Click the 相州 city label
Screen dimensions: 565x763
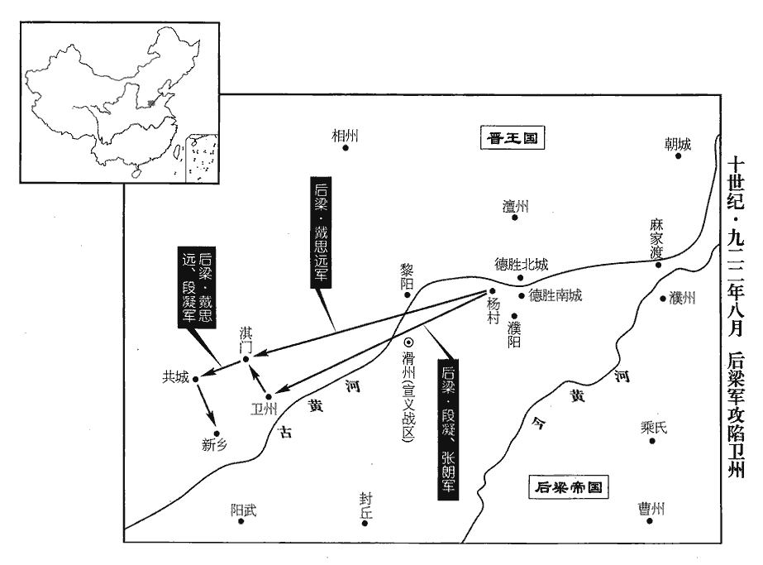(x=346, y=135)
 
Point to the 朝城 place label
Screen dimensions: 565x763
(x=677, y=143)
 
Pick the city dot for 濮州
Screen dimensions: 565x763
(x=663, y=298)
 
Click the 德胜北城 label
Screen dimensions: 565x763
(x=521, y=265)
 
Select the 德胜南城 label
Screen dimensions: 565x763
(x=556, y=295)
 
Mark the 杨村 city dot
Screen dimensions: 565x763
(x=492, y=290)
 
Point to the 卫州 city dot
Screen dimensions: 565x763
(x=269, y=396)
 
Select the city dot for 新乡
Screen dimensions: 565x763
(x=217, y=433)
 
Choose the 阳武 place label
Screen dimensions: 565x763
(x=243, y=510)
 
